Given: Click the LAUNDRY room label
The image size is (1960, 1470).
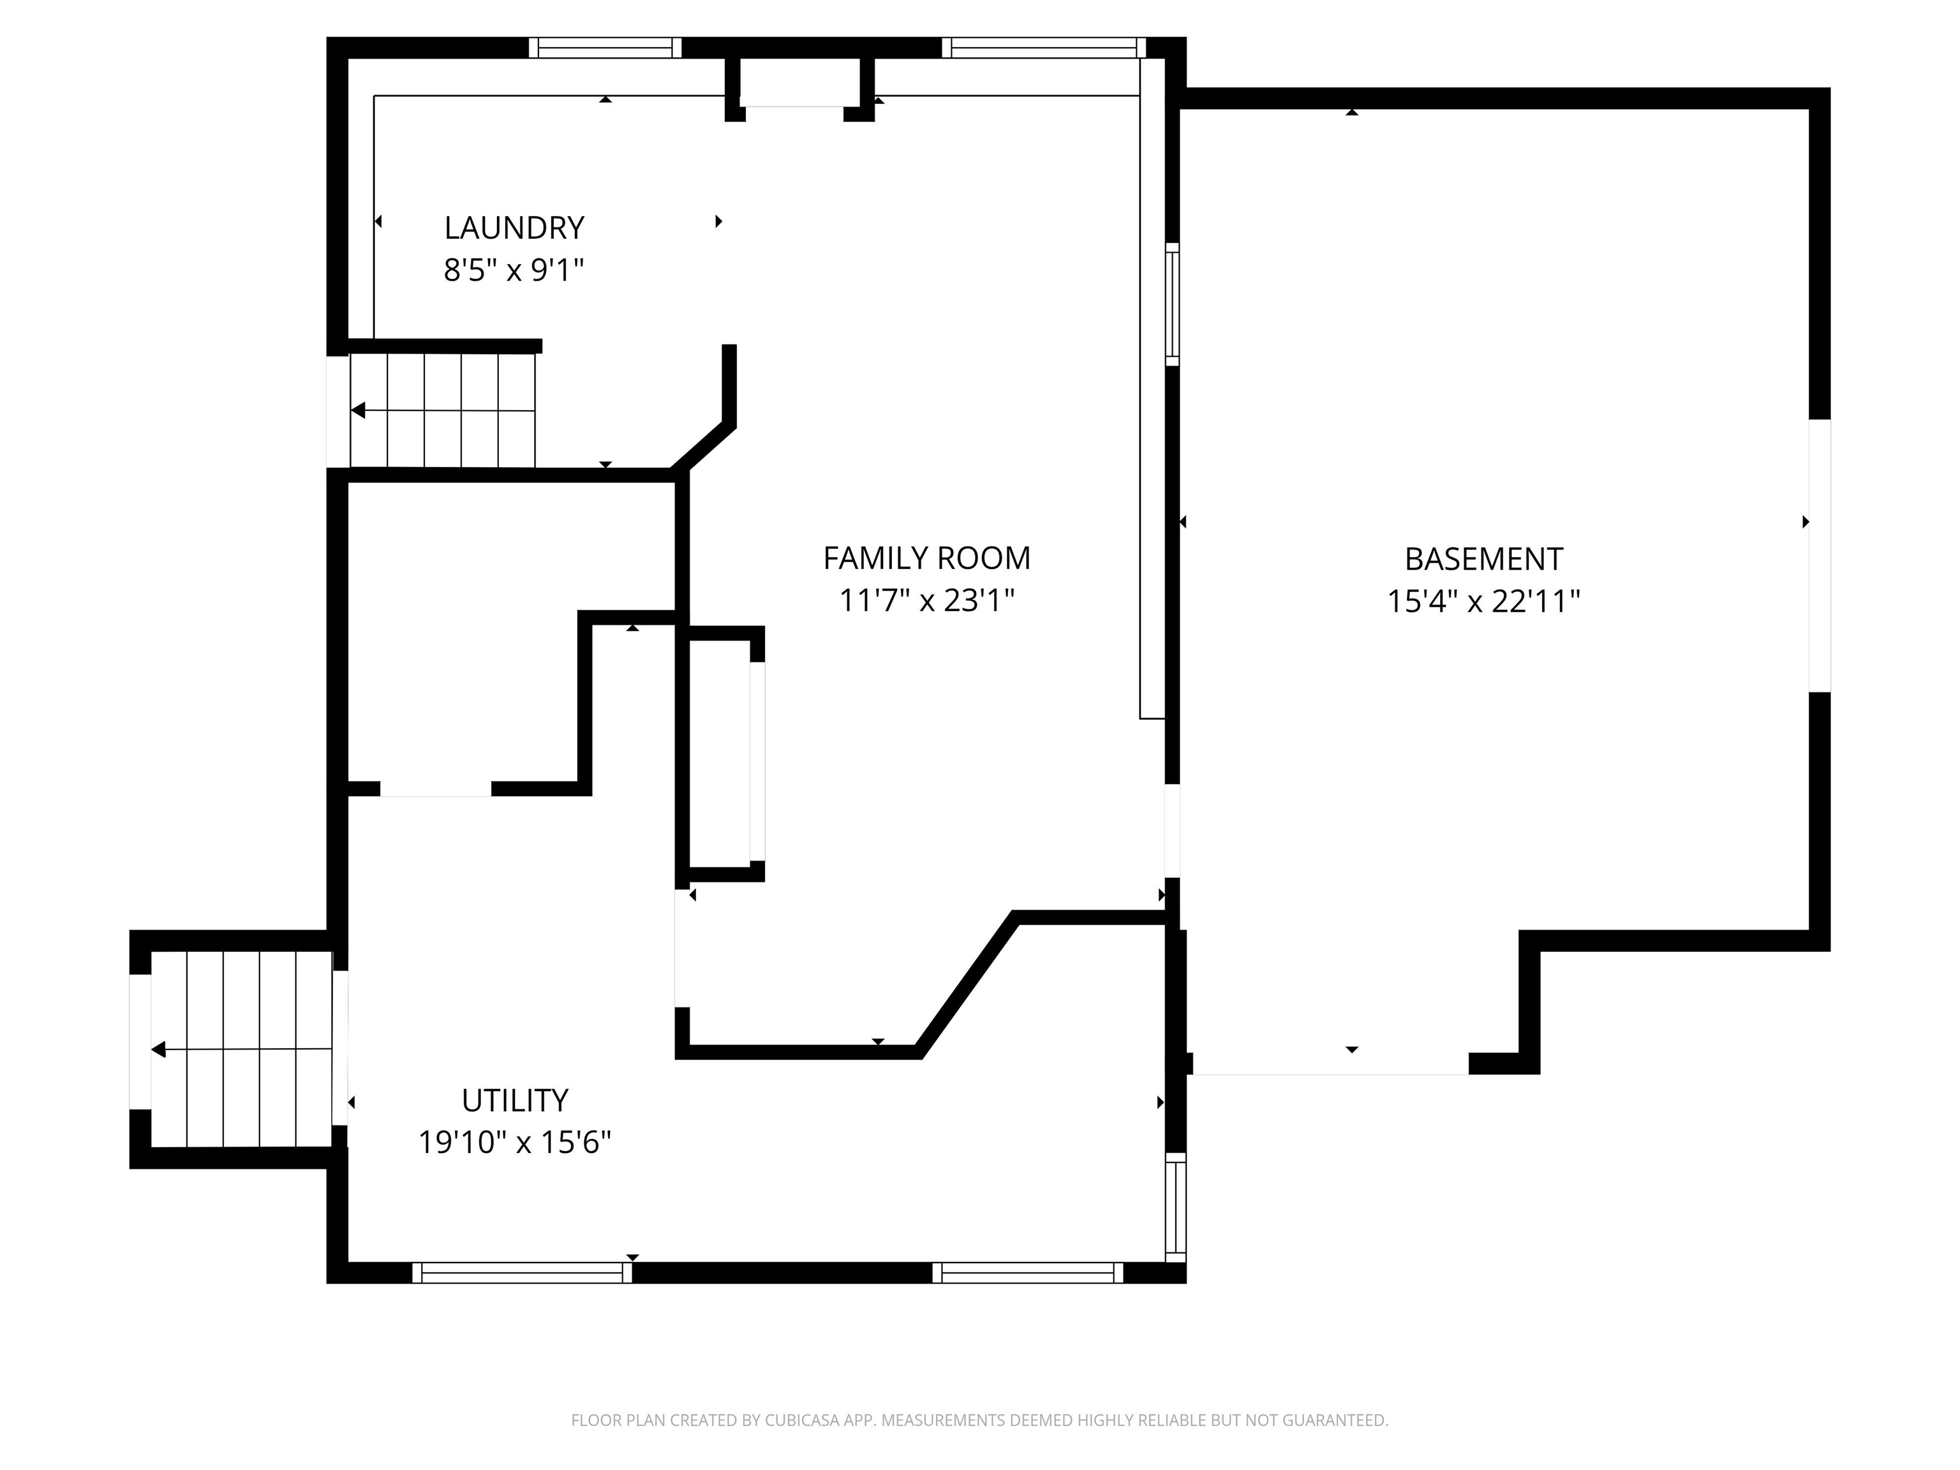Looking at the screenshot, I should [514, 228].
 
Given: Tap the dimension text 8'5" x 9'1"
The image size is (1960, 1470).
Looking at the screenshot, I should [514, 269].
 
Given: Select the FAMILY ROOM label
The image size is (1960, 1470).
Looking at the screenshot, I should [927, 558].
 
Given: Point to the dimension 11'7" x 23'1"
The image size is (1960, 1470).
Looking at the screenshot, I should [927, 601].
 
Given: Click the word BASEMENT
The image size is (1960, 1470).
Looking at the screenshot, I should [1483, 559].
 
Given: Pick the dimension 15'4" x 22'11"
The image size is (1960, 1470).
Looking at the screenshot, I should [1483, 602].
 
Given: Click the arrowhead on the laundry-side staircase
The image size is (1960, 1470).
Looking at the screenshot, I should [358, 410].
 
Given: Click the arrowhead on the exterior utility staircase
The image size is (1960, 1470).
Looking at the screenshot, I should [159, 1050].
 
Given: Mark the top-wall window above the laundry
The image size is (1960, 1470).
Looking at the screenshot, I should [605, 48].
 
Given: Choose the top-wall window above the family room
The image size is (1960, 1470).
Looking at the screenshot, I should [1043, 48].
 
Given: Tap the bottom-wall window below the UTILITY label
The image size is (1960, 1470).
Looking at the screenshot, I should [522, 1272].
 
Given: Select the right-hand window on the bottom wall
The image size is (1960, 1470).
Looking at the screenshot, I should [1028, 1272].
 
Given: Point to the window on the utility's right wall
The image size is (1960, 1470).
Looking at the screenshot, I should [1175, 1207].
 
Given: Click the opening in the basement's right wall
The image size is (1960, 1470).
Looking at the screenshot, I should [1819, 556].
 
